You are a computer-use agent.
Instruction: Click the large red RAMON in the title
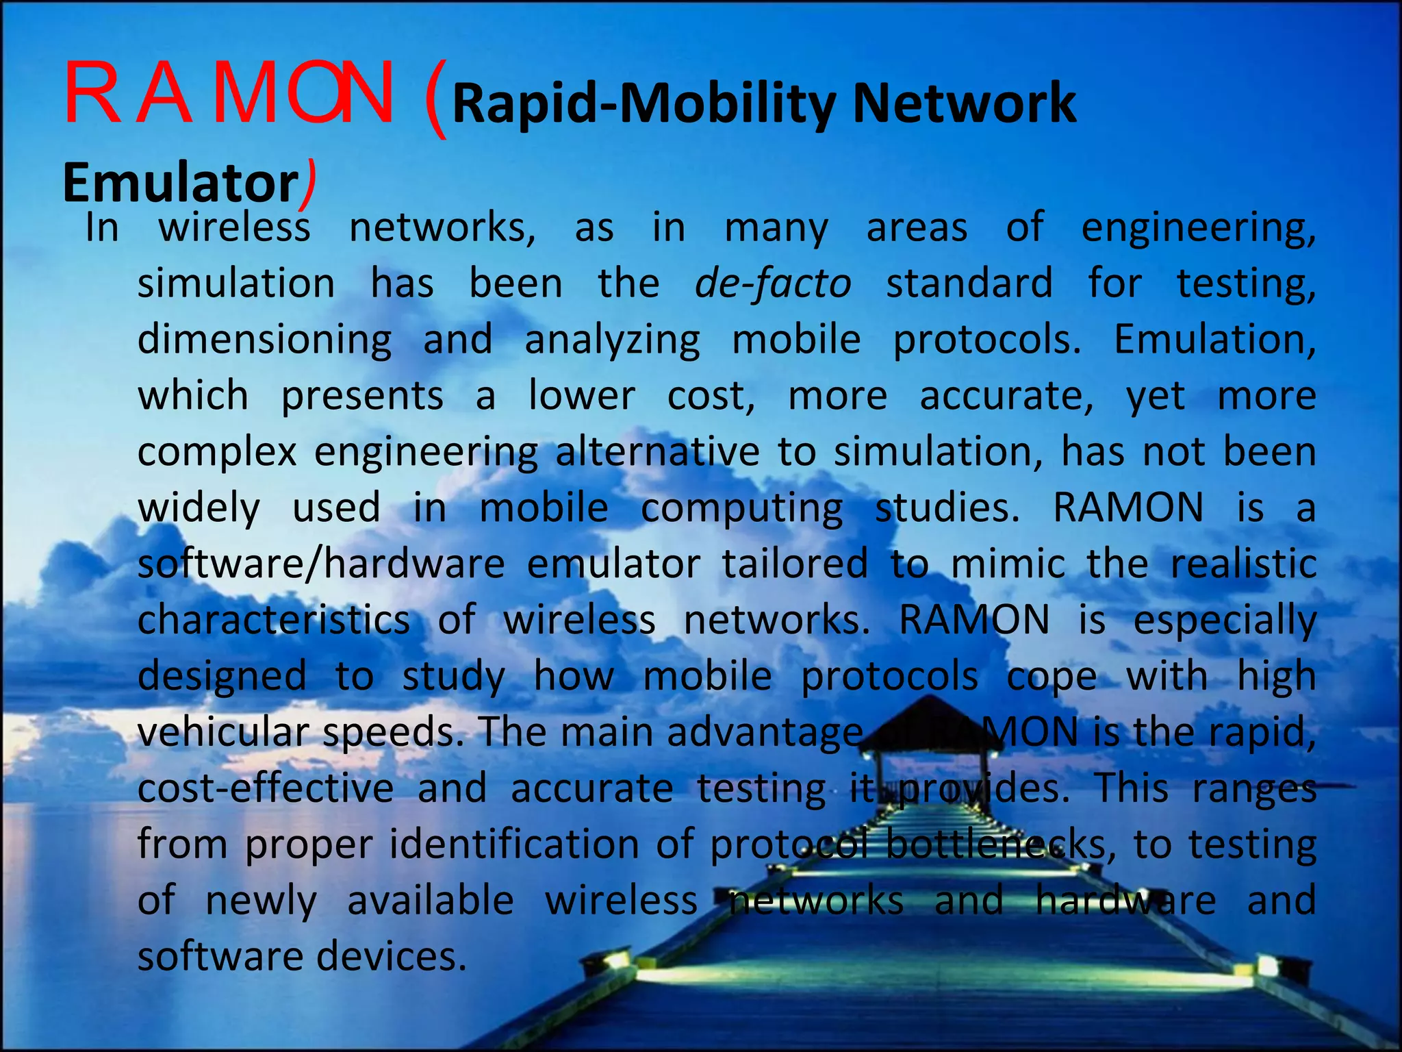coord(229,94)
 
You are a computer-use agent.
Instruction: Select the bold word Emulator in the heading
coord(180,183)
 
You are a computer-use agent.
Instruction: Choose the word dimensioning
coord(264,340)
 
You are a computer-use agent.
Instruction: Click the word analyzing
coord(613,340)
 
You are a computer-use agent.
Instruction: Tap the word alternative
coord(657,452)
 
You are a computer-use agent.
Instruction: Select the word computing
coord(742,508)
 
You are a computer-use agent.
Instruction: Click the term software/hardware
coord(321,564)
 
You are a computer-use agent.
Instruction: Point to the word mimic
coord(1008,564)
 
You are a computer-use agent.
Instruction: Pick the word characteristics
coord(274,620)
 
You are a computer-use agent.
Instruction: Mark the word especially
coord(1225,621)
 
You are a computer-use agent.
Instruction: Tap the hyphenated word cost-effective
coord(266,788)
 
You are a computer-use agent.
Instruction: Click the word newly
coord(261,900)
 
